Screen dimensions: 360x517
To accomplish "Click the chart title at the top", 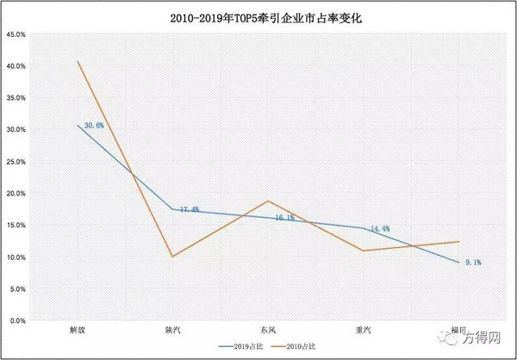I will pos(258,17).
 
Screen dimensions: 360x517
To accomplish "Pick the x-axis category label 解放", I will pos(77,330).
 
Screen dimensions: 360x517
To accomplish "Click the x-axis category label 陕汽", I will pos(172,330).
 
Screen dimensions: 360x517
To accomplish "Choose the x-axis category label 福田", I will pos(458,330).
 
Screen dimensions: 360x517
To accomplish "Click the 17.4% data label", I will pos(190,209).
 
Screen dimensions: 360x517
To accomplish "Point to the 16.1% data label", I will pos(284,218).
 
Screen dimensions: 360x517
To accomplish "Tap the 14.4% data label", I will pos(380,229).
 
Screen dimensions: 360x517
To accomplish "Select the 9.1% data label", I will pos(472,262).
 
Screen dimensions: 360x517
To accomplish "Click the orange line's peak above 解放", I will pos(78,61).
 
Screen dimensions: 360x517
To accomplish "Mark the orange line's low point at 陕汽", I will pos(172,257).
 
